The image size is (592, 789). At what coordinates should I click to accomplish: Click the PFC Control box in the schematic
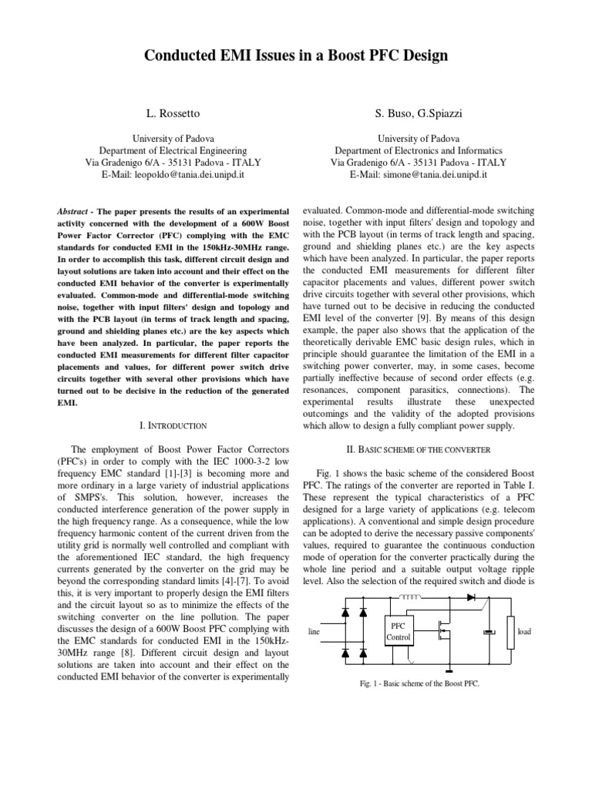pyautogui.click(x=399, y=632)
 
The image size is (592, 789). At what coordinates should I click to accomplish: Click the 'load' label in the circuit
pyautogui.click(x=524, y=632)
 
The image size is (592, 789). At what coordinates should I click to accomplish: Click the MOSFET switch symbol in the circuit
pyautogui.click(x=441, y=630)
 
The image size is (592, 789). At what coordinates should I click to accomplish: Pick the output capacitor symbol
pyautogui.click(x=487, y=632)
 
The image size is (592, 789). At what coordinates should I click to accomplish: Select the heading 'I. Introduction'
pyautogui.click(x=173, y=425)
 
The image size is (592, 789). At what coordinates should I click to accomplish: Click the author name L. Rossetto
pyautogui.click(x=173, y=114)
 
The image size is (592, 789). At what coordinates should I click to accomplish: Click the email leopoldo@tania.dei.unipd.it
pyautogui.click(x=173, y=175)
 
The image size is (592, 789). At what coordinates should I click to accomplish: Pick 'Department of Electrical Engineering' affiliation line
pyautogui.click(x=173, y=151)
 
